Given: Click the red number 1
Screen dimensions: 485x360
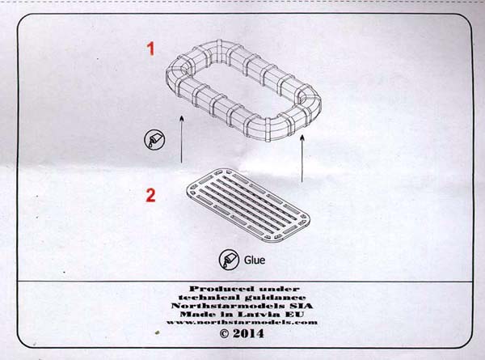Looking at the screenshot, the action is tap(150, 49).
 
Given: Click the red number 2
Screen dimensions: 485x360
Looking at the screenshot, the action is tap(150, 195).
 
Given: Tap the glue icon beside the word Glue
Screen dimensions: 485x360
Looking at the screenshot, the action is tap(229, 260).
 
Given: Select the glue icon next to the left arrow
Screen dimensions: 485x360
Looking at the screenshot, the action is tap(154, 140).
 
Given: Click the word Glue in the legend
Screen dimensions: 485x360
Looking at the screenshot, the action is tap(255, 260).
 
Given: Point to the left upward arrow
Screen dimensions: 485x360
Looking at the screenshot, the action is tap(182, 139).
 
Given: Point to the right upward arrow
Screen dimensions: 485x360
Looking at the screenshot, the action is tap(302, 159).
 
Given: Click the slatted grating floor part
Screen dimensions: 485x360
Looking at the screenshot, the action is tap(248, 205).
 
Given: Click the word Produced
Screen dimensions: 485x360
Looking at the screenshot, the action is tap(221, 289).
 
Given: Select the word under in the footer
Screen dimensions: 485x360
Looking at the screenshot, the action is tap(280, 289).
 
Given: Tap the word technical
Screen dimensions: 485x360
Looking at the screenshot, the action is tap(209, 298).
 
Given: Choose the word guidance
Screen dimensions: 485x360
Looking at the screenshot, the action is tap(276, 298).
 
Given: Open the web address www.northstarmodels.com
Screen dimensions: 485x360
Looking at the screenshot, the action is tap(242, 322).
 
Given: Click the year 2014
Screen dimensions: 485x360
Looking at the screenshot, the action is tap(248, 333).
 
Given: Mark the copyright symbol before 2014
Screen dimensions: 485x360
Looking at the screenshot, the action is tap(224, 333).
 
